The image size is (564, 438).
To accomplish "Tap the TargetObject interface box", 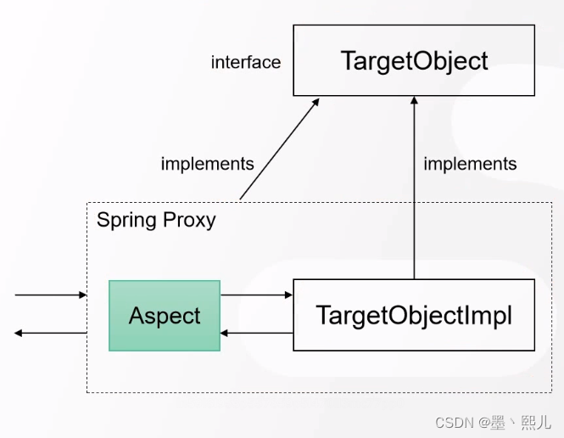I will coord(414,60).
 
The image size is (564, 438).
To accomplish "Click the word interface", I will coord(246,62).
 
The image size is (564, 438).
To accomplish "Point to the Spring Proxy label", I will coord(156,221).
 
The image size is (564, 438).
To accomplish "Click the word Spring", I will coord(126,221).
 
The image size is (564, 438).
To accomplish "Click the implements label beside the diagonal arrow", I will coord(207,164).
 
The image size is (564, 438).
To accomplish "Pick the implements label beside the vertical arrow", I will coord(470,164).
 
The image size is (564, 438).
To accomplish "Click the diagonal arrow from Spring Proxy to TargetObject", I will coord(280,149).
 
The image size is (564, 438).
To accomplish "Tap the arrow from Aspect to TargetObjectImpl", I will coord(256,295).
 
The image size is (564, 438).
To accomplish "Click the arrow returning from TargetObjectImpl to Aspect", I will coord(256,333).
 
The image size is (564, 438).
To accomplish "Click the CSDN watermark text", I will coord(493,422).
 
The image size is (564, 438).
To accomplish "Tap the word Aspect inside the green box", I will coord(165,316).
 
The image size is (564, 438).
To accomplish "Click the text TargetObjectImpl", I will coord(414,315).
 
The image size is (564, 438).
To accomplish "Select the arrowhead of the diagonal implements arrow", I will coord(316,101).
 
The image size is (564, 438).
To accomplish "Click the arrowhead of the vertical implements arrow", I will coord(414,100).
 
